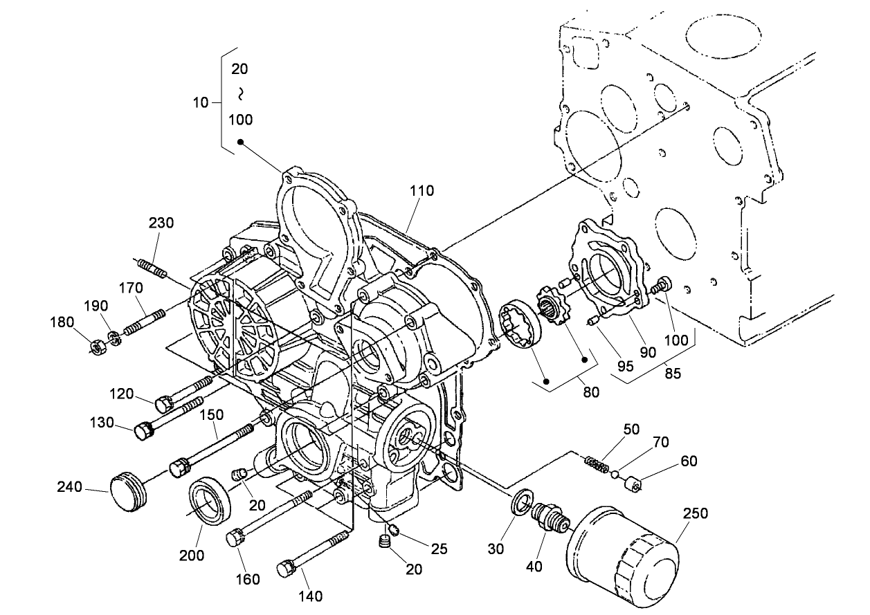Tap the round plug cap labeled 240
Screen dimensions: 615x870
[129, 490]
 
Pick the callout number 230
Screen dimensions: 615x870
[161, 223]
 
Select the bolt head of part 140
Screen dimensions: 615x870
[287, 569]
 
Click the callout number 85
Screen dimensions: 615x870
[672, 373]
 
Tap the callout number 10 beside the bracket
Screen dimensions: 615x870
[200, 102]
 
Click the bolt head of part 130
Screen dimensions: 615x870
[143, 431]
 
